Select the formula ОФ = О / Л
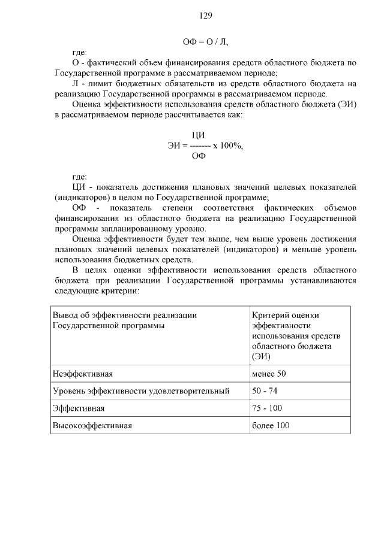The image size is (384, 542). pyautogui.click(x=206, y=42)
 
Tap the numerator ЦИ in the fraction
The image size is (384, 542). pyautogui.click(x=198, y=135)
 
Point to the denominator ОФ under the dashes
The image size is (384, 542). pyautogui.click(x=198, y=156)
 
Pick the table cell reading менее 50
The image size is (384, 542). pyautogui.click(x=269, y=374)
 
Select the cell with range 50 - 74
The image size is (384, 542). pyautogui.click(x=265, y=390)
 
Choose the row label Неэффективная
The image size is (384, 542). pyautogui.click(x=83, y=374)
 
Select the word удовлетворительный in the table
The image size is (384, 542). pyautogui.click(x=192, y=390)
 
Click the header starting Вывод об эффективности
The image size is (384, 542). pyautogui.click(x=125, y=315)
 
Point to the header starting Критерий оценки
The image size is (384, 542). pyautogui.click(x=286, y=315)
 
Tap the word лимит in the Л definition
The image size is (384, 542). pyautogui.click(x=95, y=83)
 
